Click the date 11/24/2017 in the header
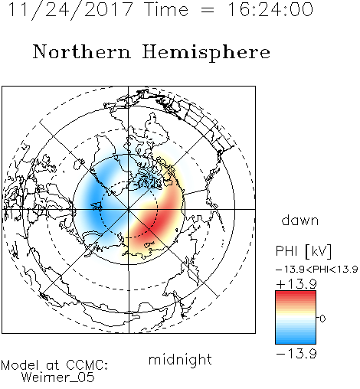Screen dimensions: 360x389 coord(70,10)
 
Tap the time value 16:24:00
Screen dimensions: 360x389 coord(270,9)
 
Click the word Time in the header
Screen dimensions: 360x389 coord(166,9)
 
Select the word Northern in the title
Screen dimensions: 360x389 coord(82,52)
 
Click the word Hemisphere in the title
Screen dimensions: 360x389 coord(206,53)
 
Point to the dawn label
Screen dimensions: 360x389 coord(300,220)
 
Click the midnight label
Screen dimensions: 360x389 coord(180,359)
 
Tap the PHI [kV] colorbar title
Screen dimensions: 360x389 coord(303,251)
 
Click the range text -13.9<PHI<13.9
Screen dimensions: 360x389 coord(316,270)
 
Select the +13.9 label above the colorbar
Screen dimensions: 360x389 coord(296,284)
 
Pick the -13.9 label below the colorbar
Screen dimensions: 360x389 coord(296,354)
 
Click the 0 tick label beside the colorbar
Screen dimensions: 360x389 coord(322,319)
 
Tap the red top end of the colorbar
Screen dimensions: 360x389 coord(296,294)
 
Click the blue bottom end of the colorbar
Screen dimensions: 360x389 coord(296,341)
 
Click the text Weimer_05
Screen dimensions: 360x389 coord(58,378)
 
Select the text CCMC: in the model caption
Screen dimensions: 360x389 coord(87,365)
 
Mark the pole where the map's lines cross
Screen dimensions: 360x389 coord(129,209)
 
